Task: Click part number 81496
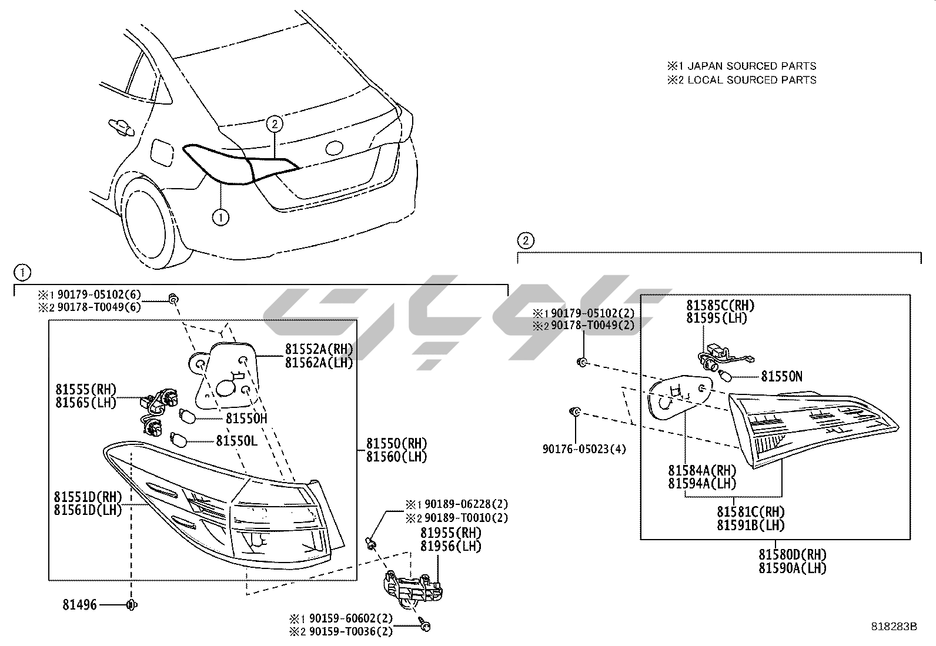(x=81, y=605)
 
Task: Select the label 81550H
(x=246, y=419)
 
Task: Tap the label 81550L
(x=236, y=440)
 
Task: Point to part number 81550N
(x=781, y=376)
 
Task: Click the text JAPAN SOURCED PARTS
(x=751, y=66)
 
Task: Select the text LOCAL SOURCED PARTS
(x=751, y=80)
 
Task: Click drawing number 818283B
(x=894, y=627)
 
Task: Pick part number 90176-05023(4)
(x=584, y=450)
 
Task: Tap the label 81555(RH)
(x=86, y=389)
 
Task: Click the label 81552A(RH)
(x=319, y=349)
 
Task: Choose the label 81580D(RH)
(x=792, y=554)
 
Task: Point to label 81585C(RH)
(x=720, y=306)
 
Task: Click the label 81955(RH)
(x=450, y=533)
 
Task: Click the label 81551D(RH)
(x=88, y=497)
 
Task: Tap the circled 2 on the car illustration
(x=275, y=123)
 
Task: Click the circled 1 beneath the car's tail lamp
(x=220, y=217)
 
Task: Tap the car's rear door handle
(x=121, y=126)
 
